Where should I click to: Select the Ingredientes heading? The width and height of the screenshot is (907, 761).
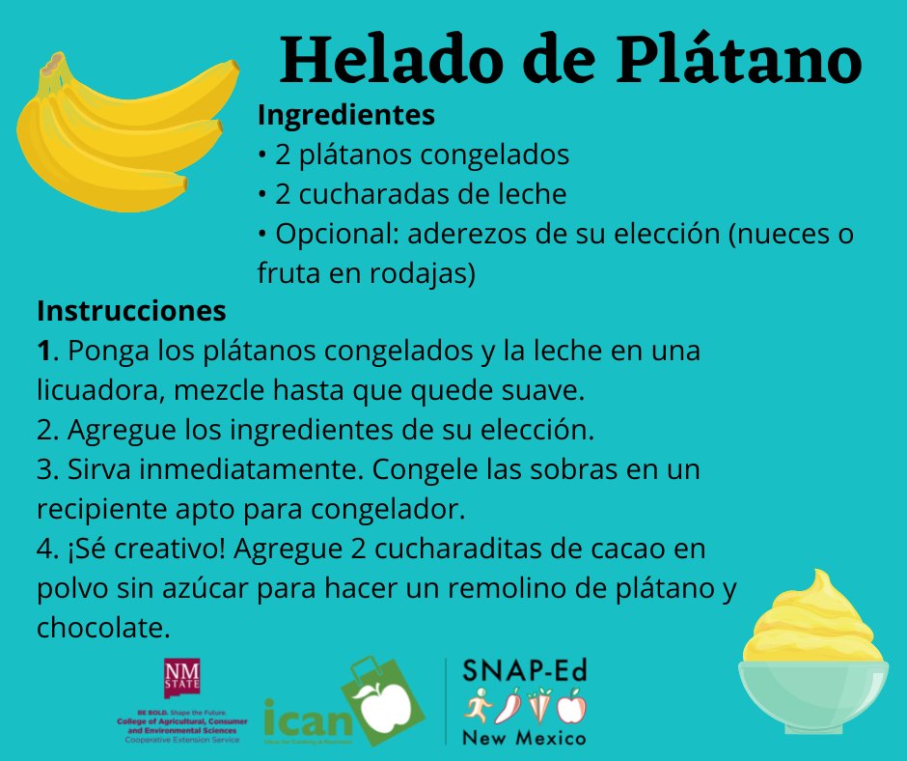pos(345,116)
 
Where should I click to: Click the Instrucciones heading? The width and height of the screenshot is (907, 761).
pos(131,312)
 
